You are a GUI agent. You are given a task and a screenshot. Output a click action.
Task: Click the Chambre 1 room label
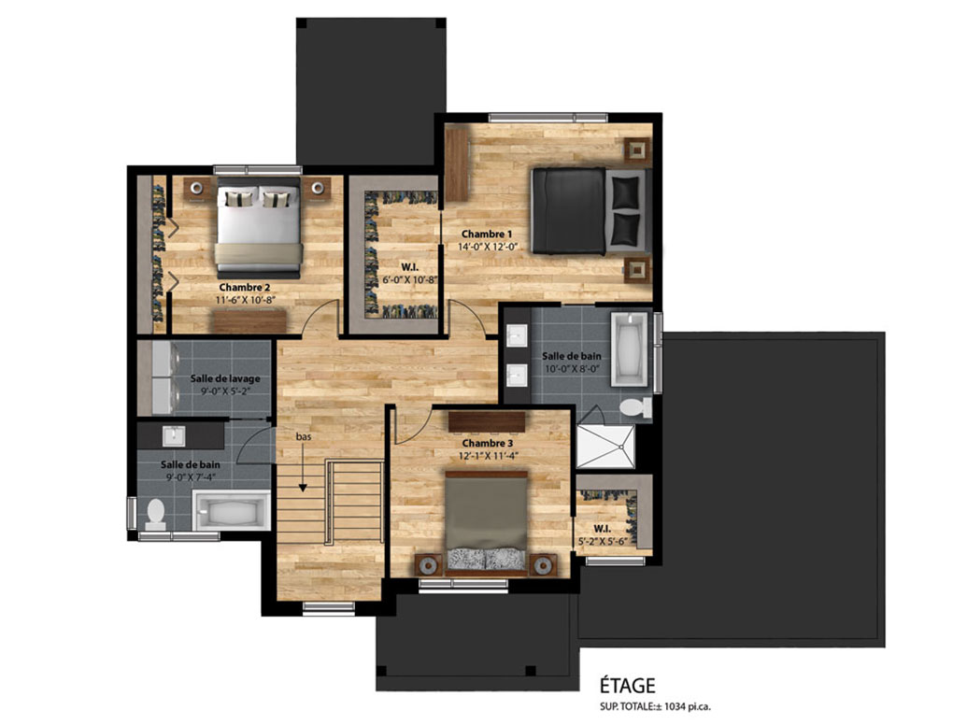(x=487, y=235)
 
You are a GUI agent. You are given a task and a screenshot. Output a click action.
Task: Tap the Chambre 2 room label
(x=244, y=287)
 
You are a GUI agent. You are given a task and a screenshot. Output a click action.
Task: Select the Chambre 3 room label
(x=487, y=443)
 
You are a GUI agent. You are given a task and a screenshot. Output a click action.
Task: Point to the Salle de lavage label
(x=225, y=378)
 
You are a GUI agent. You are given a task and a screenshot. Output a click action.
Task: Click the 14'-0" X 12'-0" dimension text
(x=487, y=247)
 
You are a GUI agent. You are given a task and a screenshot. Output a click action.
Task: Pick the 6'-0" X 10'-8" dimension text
(x=409, y=279)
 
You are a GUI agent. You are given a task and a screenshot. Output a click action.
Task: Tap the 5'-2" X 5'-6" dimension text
(x=603, y=541)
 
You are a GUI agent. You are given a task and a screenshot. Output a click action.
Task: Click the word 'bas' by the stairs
(x=304, y=436)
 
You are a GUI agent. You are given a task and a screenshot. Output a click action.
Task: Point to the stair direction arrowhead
(x=303, y=488)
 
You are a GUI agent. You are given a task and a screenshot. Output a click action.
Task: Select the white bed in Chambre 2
(x=259, y=227)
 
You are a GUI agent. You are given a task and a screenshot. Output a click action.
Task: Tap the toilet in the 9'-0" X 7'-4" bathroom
(x=155, y=515)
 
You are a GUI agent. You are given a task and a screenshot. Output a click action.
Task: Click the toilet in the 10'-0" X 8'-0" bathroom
(x=634, y=407)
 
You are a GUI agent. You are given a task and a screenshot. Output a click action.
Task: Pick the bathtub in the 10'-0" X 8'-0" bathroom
(x=630, y=349)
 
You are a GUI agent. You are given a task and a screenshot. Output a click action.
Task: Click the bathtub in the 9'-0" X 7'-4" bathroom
(x=232, y=510)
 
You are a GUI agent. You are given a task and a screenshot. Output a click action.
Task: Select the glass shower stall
(x=605, y=446)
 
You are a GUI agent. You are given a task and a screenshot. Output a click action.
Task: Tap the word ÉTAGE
(x=627, y=686)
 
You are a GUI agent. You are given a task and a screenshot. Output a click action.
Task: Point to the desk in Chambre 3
(x=487, y=421)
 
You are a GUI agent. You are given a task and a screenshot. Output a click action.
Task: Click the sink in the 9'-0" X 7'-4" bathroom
(x=174, y=436)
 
